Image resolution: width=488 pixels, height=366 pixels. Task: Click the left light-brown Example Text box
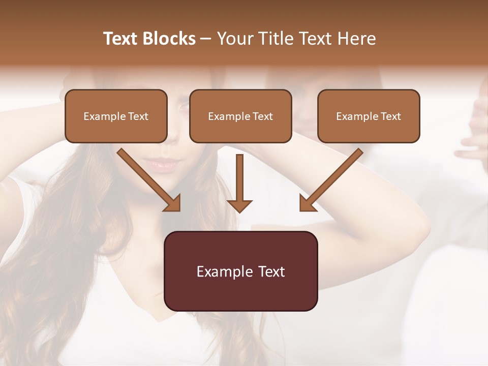(x=116, y=116)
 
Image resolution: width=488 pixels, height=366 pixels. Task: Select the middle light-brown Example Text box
(x=240, y=116)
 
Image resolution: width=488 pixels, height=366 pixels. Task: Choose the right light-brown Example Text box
(x=369, y=116)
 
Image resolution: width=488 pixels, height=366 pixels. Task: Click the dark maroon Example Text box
(x=241, y=271)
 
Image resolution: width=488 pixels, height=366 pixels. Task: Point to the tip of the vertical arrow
(x=239, y=210)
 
